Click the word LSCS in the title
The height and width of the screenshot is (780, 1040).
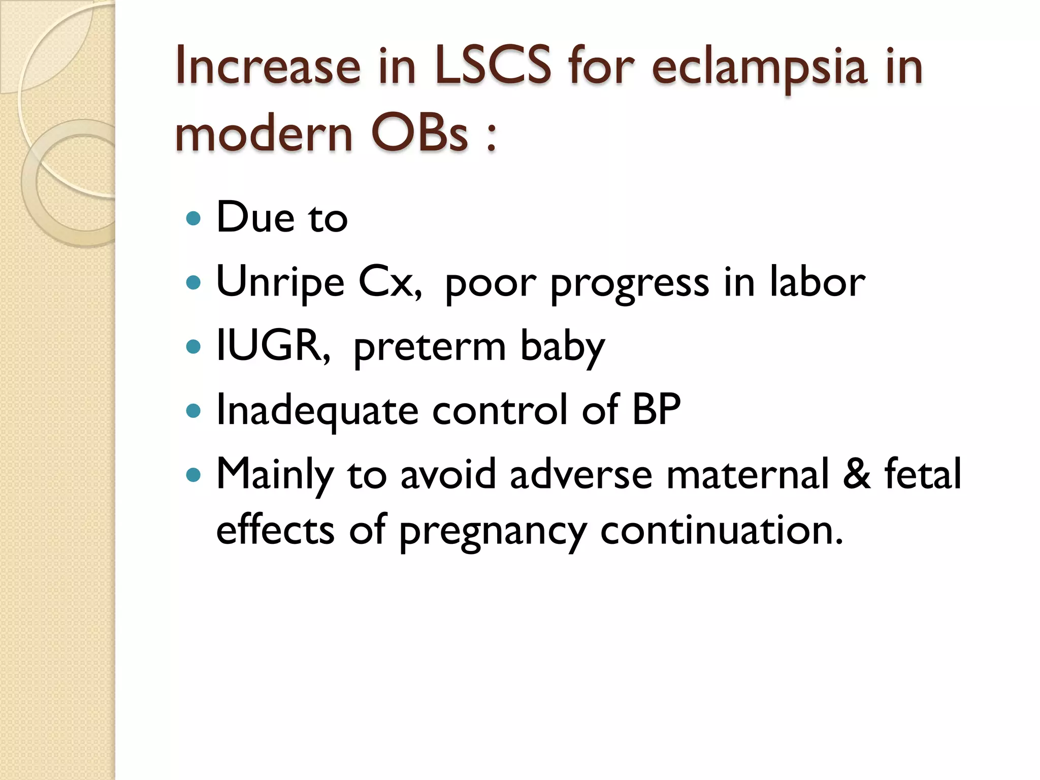492,66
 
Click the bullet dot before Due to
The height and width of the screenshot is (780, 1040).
193,218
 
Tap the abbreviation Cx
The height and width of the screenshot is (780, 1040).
388,282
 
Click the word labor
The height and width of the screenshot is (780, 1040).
817,282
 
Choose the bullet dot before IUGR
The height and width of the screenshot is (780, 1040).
193,347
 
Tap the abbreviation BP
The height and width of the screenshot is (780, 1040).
656,409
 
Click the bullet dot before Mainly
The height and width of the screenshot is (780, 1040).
193,475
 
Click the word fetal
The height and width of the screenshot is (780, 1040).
923,473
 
